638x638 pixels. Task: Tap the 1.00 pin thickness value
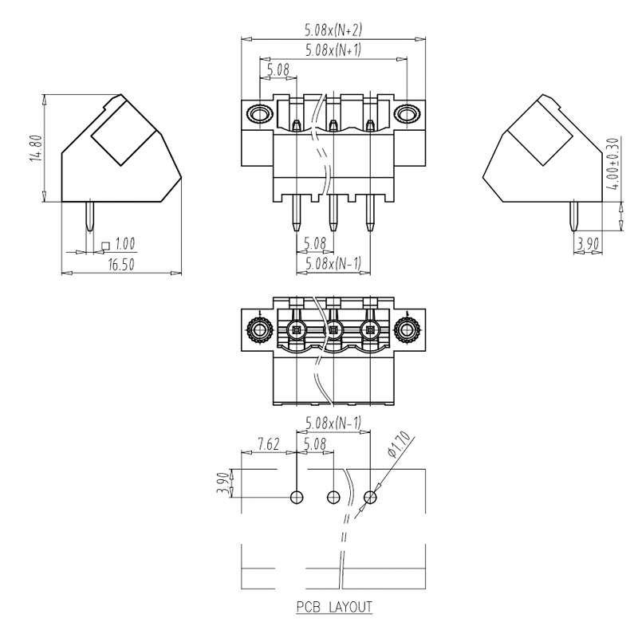pos(124,242)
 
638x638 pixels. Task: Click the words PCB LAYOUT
pos(334,608)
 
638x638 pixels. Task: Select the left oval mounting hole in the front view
pos(259,114)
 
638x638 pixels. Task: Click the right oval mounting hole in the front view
pos(407,114)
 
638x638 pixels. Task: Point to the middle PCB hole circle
pos(333,498)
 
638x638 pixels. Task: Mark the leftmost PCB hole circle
pos(297,498)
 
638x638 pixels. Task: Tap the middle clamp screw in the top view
pos(333,329)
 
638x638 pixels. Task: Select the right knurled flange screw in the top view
pos(407,329)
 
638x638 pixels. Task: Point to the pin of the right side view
pos(575,215)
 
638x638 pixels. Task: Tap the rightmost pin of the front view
pos(370,214)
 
